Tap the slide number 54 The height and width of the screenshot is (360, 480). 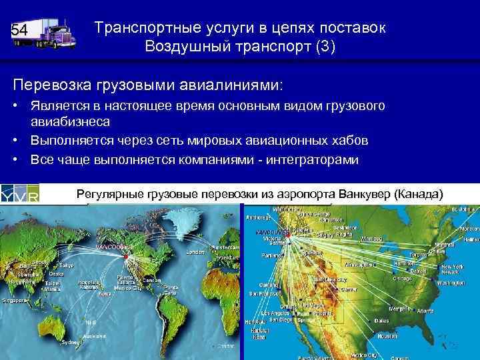click(19, 31)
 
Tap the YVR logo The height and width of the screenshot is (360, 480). click(19, 194)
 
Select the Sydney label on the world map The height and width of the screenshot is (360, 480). click(69, 341)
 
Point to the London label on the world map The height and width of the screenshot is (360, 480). click(195, 253)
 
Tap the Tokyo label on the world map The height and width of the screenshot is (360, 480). click(67, 265)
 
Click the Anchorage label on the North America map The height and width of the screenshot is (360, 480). click(259, 217)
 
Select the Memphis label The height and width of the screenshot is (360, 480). click(400, 309)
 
